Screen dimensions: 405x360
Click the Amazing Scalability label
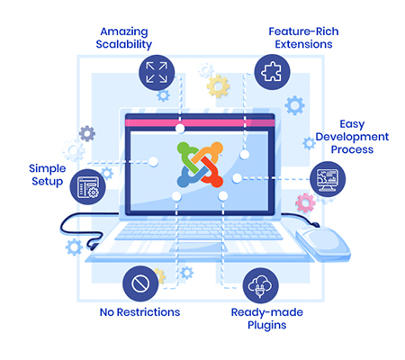click(x=124, y=38)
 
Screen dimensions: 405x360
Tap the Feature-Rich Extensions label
click(x=303, y=38)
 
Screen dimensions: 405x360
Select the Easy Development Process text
click(x=352, y=137)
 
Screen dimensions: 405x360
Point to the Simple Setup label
click(x=48, y=175)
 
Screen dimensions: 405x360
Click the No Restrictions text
click(x=139, y=312)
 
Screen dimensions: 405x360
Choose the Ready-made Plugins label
click(x=267, y=319)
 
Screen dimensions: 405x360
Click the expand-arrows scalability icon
click(x=157, y=73)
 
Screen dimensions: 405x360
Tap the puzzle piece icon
click(x=272, y=72)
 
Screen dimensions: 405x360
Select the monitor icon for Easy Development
click(x=328, y=179)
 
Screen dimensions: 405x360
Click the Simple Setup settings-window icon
click(x=88, y=186)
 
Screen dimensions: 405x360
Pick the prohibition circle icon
click(x=140, y=283)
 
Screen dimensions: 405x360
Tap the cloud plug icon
click(x=260, y=285)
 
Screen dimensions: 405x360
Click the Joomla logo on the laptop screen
click(x=200, y=165)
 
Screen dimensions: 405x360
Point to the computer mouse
click(x=323, y=244)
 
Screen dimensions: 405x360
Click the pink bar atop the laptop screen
click(x=200, y=123)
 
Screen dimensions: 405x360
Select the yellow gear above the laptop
click(x=218, y=86)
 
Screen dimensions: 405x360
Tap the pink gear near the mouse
click(x=305, y=203)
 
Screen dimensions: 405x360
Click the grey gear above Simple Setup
click(x=87, y=133)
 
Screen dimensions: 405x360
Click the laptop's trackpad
click(x=198, y=247)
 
